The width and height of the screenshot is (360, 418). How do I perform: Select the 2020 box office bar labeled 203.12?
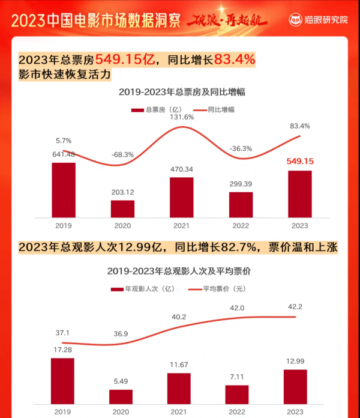[122, 208]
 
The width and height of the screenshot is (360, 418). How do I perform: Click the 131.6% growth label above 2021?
[181, 117]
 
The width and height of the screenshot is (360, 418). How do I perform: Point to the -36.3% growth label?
[241, 148]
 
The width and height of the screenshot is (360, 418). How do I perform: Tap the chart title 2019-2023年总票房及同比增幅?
[182, 92]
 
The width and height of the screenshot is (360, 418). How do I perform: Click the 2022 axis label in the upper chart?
[241, 226]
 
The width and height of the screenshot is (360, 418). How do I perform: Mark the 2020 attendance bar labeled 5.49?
[121, 396]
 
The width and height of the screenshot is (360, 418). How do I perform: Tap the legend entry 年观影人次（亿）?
[143, 289]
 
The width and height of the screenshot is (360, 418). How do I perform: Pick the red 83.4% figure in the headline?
[230, 59]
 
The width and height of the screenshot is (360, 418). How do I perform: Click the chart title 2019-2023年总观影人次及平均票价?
[179, 271]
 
